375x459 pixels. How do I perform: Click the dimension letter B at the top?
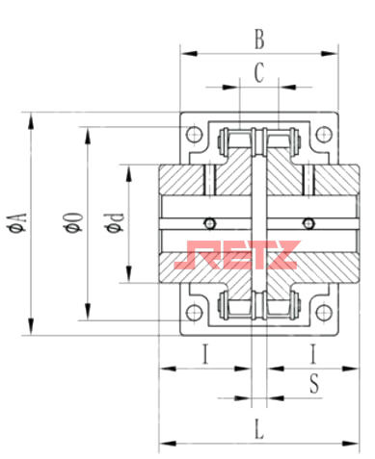coord(259,39)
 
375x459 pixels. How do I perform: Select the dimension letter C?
coord(259,72)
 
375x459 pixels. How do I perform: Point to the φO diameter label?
coord(73,221)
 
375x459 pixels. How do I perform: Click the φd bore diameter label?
coord(114,222)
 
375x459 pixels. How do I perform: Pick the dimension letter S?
coord(314,384)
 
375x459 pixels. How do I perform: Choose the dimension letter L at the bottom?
coord(259,429)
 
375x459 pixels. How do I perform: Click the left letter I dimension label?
coord(205,354)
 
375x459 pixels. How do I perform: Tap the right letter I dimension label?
coord(312,354)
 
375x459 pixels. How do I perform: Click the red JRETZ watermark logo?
coord(237,255)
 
